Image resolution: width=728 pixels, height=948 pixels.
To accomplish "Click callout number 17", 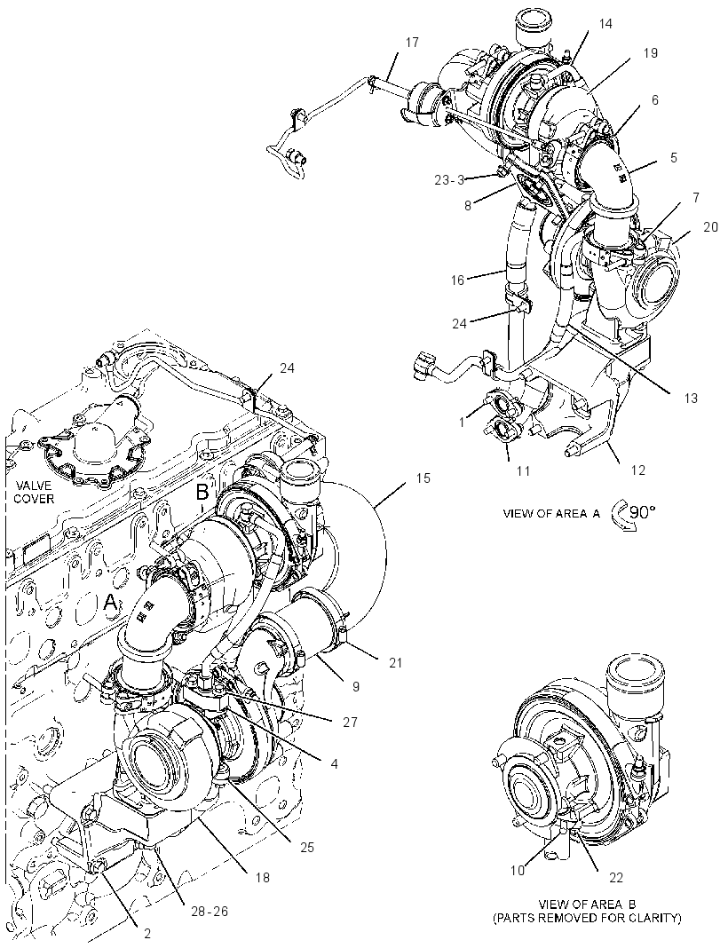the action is [412, 43].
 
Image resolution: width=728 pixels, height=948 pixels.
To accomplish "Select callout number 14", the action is [605, 24].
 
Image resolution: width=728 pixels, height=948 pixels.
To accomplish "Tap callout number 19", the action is [650, 52].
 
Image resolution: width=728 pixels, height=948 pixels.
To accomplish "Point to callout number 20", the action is [710, 226].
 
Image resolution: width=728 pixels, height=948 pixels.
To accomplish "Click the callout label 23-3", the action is [449, 179].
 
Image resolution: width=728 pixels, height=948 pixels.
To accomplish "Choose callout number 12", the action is [638, 470].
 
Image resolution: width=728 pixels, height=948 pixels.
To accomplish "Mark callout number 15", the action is [423, 478].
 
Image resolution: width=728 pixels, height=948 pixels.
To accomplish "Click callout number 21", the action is [395, 663].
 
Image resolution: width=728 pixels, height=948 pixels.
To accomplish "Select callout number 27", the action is [350, 722].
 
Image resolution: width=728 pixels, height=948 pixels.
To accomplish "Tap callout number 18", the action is [262, 877].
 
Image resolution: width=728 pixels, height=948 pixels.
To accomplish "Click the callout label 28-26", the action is [206, 911].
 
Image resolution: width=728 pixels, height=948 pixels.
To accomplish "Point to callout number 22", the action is [614, 877].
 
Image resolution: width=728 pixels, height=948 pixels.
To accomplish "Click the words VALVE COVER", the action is [35, 492].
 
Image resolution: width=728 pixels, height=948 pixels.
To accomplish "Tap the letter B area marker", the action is [202, 492].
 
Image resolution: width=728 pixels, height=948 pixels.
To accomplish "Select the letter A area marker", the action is [110, 601].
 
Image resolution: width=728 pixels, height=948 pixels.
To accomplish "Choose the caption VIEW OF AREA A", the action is [551, 514].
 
